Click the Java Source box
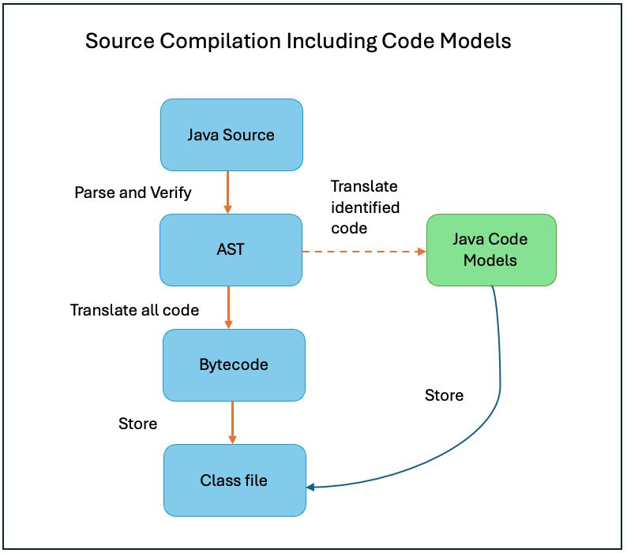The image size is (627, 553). (x=231, y=134)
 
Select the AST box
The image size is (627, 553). (x=231, y=249)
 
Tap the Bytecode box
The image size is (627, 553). (x=234, y=364)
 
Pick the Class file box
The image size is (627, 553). (x=234, y=480)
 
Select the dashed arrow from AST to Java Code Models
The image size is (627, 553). (x=363, y=252)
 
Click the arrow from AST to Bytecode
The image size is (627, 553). (x=228, y=307)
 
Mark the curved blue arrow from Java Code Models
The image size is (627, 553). (x=499, y=394)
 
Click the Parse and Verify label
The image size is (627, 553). (x=133, y=192)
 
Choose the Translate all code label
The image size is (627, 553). (x=134, y=310)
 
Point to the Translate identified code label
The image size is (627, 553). (x=365, y=207)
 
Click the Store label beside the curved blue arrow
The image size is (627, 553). (x=444, y=394)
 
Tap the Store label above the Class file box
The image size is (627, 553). (x=137, y=424)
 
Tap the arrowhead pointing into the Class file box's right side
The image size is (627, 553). (x=311, y=487)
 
